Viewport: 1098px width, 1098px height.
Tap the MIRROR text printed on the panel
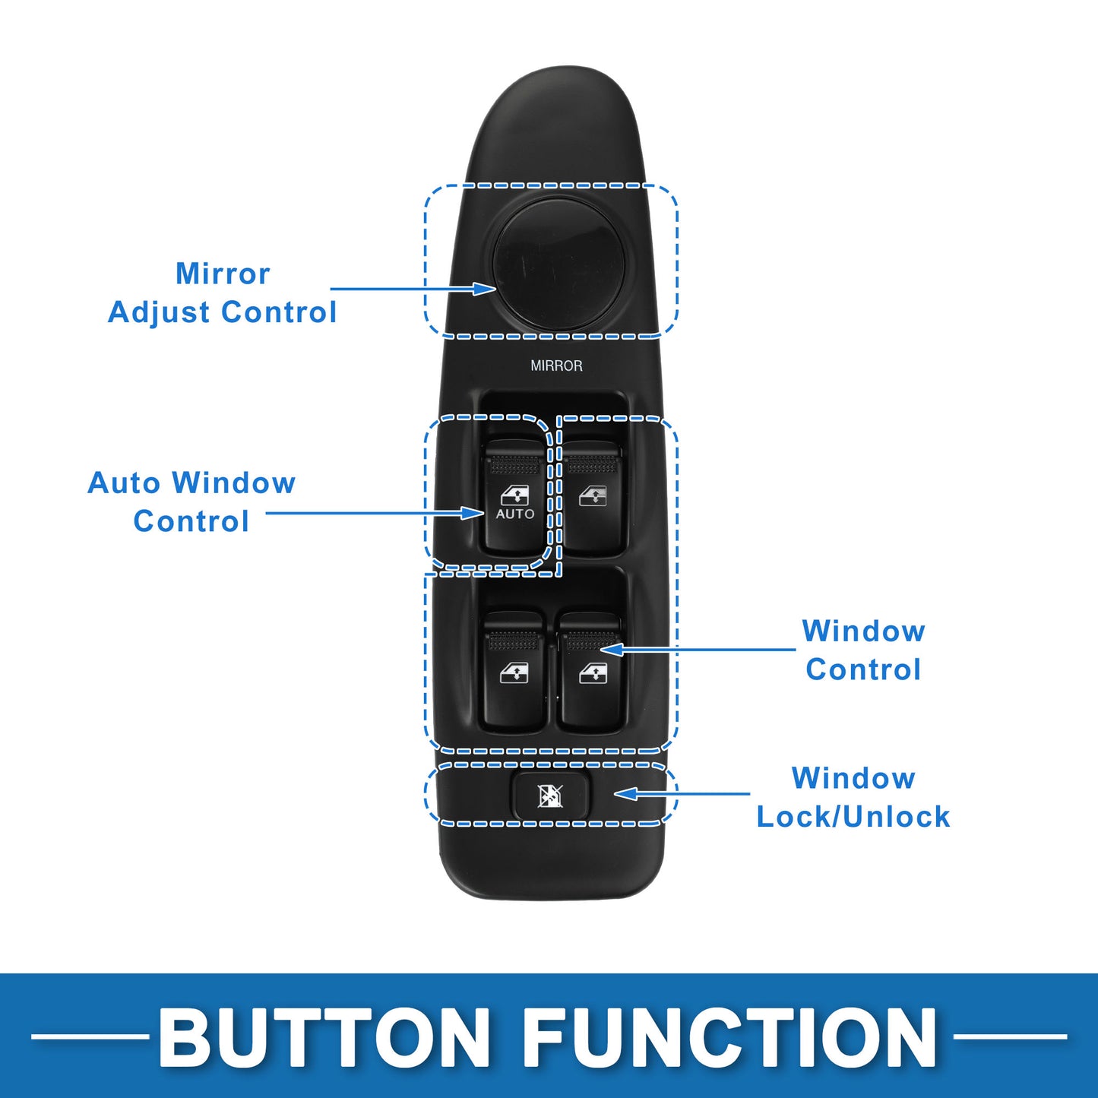click(x=556, y=365)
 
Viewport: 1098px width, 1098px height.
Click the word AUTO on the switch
click(x=515, y=514)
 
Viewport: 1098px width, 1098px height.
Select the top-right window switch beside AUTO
click(x=593, y=498)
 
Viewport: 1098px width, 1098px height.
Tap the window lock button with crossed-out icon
click(x=550, y=796)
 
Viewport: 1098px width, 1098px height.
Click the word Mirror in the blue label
click(x=223, y=274)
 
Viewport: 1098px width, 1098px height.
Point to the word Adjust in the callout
click(x=158, y=313)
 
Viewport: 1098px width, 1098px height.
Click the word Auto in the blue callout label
click(x=124, y=483)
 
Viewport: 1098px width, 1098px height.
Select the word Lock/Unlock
click(x=853, y=817)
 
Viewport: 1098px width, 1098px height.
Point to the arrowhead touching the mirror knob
click(x=485, y=289)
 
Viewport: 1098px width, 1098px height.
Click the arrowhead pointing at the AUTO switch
click(x=473, y=513)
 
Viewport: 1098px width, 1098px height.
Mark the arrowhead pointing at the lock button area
click(x=625, y=794)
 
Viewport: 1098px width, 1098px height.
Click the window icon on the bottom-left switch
click(x=514, y=673)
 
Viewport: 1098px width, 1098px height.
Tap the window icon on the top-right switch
click(x=593, y=497)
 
